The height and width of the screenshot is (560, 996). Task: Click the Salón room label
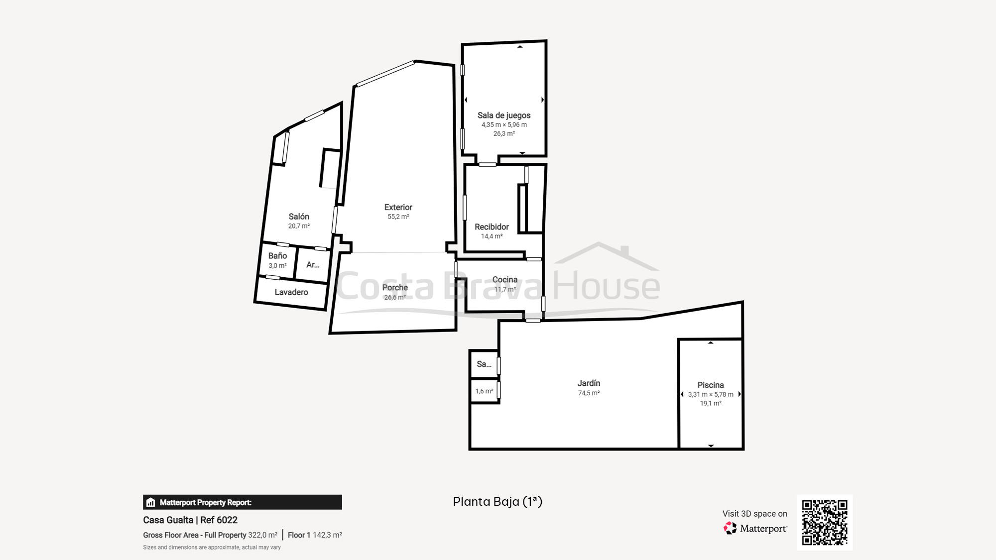299,217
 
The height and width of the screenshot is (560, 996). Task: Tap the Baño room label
277,256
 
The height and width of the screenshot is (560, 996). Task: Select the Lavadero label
291,292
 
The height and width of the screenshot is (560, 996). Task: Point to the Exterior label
398,207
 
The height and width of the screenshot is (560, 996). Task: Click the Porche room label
395,288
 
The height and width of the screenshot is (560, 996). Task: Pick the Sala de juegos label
504,115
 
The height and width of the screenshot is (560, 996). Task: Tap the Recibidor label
492,227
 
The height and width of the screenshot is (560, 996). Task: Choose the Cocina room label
505,280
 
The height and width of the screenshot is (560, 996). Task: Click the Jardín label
589,383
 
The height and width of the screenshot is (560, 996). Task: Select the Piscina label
711,385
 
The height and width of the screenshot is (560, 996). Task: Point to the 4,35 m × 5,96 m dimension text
504,125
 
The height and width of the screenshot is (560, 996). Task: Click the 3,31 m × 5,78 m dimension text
711,394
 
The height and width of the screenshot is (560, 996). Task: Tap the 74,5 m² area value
589,393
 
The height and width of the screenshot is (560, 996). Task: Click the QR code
825,523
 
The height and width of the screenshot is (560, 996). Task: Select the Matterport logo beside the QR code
755,528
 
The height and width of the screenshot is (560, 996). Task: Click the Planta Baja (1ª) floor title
498,502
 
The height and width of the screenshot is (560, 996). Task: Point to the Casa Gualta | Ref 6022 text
190,520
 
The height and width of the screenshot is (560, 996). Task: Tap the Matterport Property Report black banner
243,502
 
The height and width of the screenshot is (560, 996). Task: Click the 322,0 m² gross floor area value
263,535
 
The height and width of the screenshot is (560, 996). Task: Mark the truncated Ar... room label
313,265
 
